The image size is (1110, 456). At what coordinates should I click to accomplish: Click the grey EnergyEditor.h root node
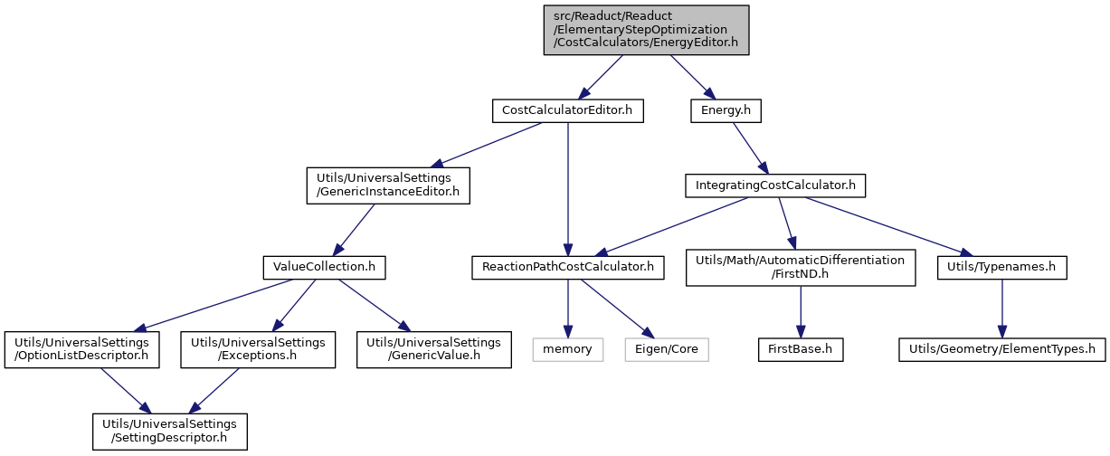(x=646, y=30)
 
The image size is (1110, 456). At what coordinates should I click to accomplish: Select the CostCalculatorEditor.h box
(x=568, y=111)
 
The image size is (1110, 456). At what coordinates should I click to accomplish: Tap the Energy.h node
(x=726, y=111)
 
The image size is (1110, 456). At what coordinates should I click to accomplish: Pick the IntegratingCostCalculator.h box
(x=775, y=185)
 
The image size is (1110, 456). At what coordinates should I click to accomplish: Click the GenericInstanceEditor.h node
(x=388, y=185)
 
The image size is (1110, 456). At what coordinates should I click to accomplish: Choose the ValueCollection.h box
(x=324, y=268)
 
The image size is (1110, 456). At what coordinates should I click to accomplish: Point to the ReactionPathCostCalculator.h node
(x=568, y=268)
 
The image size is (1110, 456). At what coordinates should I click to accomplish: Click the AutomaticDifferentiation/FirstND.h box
(x=801, y=268)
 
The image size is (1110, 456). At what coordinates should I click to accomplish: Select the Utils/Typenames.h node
(x=1002, y=268)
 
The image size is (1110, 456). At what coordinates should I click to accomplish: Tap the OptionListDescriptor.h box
(x=81, y=350)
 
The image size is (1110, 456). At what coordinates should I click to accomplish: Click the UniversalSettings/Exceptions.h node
(x=258, y=350)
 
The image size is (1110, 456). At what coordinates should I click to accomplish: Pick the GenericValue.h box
(x=434, y=350)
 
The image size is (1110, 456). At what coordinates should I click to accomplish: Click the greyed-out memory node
(x=568, y=350)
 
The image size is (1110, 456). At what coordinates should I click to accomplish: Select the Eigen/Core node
(x=667, y=350)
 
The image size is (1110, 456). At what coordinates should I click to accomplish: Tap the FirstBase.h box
(x=801, y=350)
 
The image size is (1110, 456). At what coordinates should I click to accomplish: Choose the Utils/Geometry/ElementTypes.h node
(x=1002, y=350)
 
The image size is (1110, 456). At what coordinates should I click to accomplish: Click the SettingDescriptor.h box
(x=169, y=432)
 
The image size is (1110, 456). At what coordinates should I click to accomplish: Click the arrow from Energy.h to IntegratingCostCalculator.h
(x=750, y=148)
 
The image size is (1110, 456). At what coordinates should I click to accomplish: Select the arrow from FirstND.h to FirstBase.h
(x=801, y=312)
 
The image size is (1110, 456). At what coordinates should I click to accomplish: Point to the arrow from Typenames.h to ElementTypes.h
(x=1002, y=309)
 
